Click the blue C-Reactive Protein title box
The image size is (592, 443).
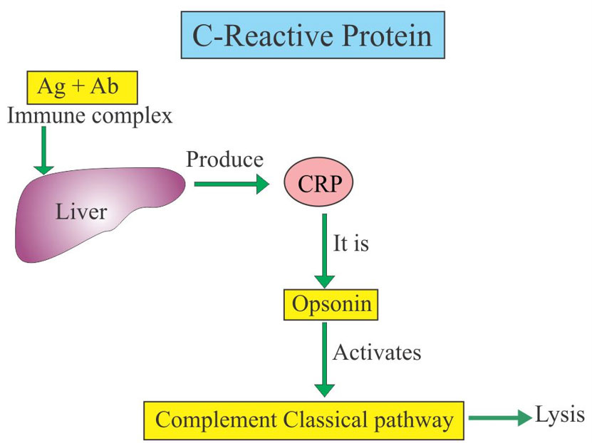coord(313,34)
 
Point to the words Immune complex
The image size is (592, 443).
coord(90,115)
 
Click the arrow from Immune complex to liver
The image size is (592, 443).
coord(43,150)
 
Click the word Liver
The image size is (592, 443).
coord(83,211)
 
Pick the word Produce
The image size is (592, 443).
coord(225,159)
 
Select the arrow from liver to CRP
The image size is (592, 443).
coord(231,185)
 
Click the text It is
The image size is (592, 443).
coord(351,244)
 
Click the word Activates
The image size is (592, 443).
coord(377,352)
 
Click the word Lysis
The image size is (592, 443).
coord(559,416)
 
